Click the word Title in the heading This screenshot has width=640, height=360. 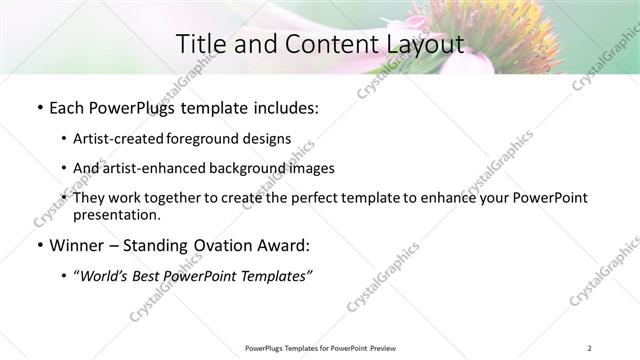[200, 44]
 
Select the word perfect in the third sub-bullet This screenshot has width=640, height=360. [290, 198]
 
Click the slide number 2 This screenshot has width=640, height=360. [590, 348]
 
